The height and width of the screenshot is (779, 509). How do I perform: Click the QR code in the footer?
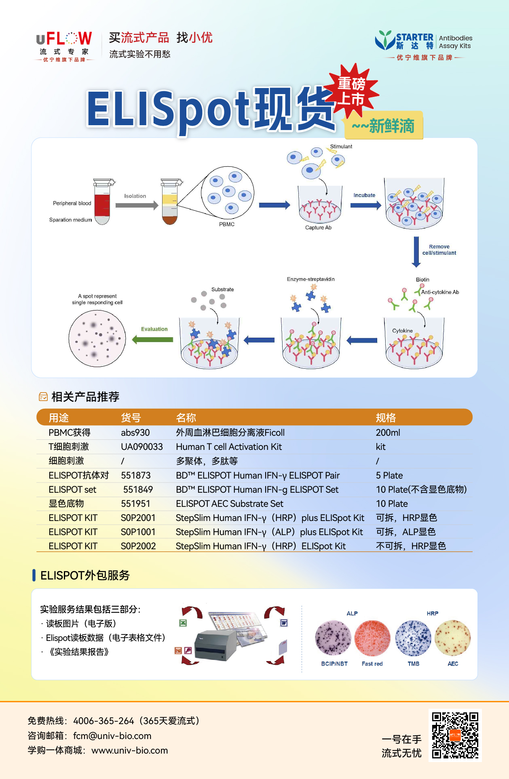pos(455,735)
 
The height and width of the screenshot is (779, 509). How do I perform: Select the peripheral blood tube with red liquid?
pos(102,202)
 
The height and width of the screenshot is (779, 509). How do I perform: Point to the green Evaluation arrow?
pos(152,339)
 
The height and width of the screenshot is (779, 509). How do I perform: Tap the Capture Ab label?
pos(318,228)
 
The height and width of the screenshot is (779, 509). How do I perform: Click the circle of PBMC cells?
pos(228,193)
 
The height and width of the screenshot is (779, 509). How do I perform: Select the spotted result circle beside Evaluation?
pos(97,338)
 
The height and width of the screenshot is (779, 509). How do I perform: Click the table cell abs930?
pos(135,433)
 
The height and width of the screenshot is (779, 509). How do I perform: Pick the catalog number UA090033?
pos(142,447)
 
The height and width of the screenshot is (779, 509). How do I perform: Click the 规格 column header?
pos(386,418)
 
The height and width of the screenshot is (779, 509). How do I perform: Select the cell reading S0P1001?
pos(138,532)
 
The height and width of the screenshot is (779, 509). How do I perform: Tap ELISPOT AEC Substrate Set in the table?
pos(230,504)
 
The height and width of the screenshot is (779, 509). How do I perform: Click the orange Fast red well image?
pos(372,638)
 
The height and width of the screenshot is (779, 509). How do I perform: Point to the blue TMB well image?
pos(413,638)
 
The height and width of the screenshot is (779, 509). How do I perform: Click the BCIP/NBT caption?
pos(334,664)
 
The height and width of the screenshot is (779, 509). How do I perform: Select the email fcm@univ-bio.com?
pos(112,736)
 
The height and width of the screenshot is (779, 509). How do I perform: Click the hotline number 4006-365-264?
pos(103,721)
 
